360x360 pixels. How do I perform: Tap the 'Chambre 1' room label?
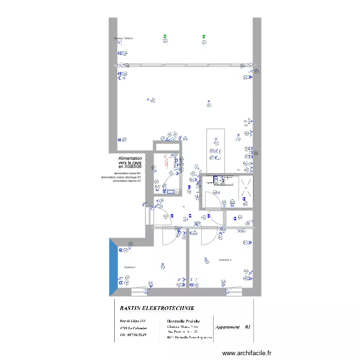(x=130, y=267)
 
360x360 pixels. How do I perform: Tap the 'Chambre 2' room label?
(x=225, y=260)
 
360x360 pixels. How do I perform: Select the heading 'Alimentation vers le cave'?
(x=130, y=162)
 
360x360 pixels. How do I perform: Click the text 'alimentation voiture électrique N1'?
(x=121, y=177)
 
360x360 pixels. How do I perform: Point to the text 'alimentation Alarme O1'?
(x=127, y=181)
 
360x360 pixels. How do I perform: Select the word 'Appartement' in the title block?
(x=228, y=327)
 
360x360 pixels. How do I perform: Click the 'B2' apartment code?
(x=248, y=327)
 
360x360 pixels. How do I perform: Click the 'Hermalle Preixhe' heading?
(x=183, y=321)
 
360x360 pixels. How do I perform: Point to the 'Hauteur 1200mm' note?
(x=123, y=38)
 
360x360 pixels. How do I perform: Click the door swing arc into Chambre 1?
(x=169, y=235)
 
